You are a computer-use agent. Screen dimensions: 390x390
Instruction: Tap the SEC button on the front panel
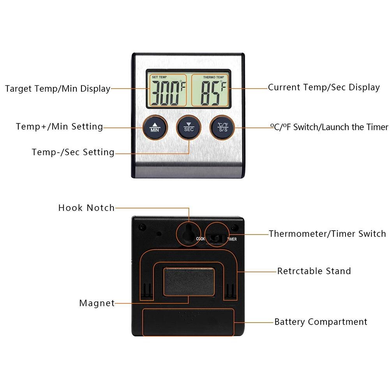pyautogui.click(x=189, y=127)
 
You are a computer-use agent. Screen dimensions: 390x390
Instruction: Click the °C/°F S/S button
pyautogui.click(x=223, y=127)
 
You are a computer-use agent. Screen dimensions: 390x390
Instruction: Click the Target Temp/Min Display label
pyautogui.click(x=58, y=89)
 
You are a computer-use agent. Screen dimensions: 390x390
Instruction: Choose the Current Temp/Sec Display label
pyautogui.click(x=324, y=87)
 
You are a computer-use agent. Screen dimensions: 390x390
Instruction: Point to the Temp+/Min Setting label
pyautogui.click(x=59, y=127)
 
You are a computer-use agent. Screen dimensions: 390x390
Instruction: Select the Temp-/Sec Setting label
pyautogui.click(x=73, y=152)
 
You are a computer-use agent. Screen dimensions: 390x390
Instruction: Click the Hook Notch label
pyautogui.click(x=86, y=208)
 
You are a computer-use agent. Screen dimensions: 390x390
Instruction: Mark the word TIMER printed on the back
pyautogui.click(x=231, y=240)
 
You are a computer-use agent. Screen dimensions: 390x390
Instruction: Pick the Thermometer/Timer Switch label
pyautogui.click(x=327, y=234)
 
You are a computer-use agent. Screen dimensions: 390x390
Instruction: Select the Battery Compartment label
pyautogui.click(x=321, y=322)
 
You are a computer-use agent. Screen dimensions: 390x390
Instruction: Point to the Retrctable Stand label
pyautogui.click(x=314, y=271)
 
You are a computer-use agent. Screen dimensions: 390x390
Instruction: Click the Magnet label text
pyautogui.click(x=97, y=303)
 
